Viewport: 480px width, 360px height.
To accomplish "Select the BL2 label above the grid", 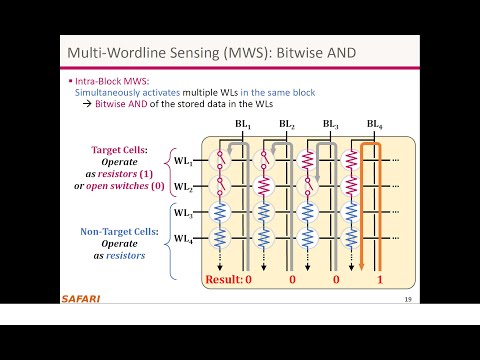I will [x=287, y=125].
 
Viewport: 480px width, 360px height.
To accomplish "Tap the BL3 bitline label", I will [x=330, y=125].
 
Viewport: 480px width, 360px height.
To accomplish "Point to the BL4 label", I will [x=374, y=125].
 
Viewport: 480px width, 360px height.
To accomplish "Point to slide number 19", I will [x=408, y=299].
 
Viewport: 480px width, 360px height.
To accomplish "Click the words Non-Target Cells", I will [x=112, y=231].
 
